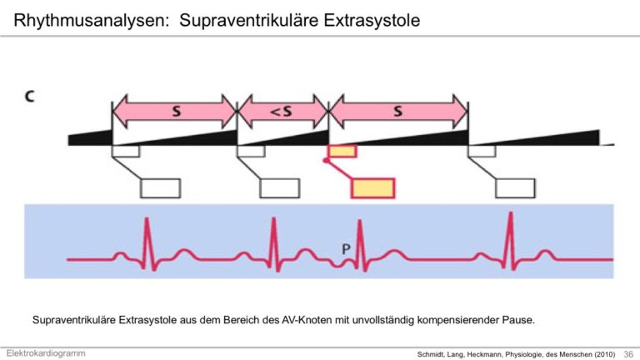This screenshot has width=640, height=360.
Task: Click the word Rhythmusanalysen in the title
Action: click(91, 20)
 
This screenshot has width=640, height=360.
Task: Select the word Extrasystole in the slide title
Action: click(372, 20)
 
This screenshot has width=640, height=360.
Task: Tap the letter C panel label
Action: click(30, 97)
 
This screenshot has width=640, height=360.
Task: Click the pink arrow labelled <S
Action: click(282, 111)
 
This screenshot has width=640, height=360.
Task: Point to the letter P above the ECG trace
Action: click(346, 249)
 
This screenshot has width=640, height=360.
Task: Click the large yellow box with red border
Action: click(373, 188)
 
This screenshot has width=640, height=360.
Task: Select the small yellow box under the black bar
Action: click(342, 151)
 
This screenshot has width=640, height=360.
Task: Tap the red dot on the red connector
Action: click(326, 160)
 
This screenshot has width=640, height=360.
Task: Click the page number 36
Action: click(628, 354)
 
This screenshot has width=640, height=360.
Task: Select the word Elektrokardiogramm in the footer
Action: click(46, 353)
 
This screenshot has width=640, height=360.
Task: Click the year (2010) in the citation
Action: click(604, 354)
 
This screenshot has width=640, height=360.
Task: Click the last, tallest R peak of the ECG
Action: click(510, 213)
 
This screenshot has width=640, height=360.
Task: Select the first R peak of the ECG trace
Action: click(147, 219)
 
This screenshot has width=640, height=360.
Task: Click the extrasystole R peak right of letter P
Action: click(360, 221)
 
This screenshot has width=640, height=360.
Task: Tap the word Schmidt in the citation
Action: click(430, 354)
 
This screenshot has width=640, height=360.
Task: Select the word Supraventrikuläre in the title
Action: click(249, 20)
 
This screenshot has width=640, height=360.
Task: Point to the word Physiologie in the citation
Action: click(523, 354)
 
